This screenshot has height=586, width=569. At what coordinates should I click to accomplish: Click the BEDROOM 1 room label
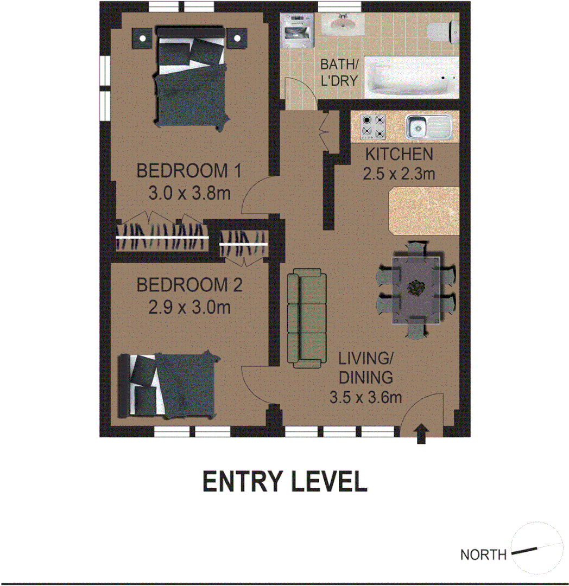(x=188, y=171)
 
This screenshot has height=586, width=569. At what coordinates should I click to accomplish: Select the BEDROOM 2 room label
(x=189, y=285)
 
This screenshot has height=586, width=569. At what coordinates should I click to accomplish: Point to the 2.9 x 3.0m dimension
(x=189, y=308)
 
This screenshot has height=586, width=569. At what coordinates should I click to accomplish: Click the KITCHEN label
(x=399, y=154)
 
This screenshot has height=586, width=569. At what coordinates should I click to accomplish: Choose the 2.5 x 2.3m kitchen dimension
(x=399, y=174)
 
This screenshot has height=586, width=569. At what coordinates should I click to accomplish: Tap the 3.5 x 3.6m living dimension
(x=365, y=398)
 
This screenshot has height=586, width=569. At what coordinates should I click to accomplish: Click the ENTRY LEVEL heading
(x=284, y=482)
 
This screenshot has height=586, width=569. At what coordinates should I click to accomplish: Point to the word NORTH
(x=483, y=555)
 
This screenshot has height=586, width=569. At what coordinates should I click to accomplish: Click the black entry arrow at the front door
(x=421, y=435)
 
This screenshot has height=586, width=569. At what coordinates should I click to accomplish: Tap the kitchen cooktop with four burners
(x=374, y=126)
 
